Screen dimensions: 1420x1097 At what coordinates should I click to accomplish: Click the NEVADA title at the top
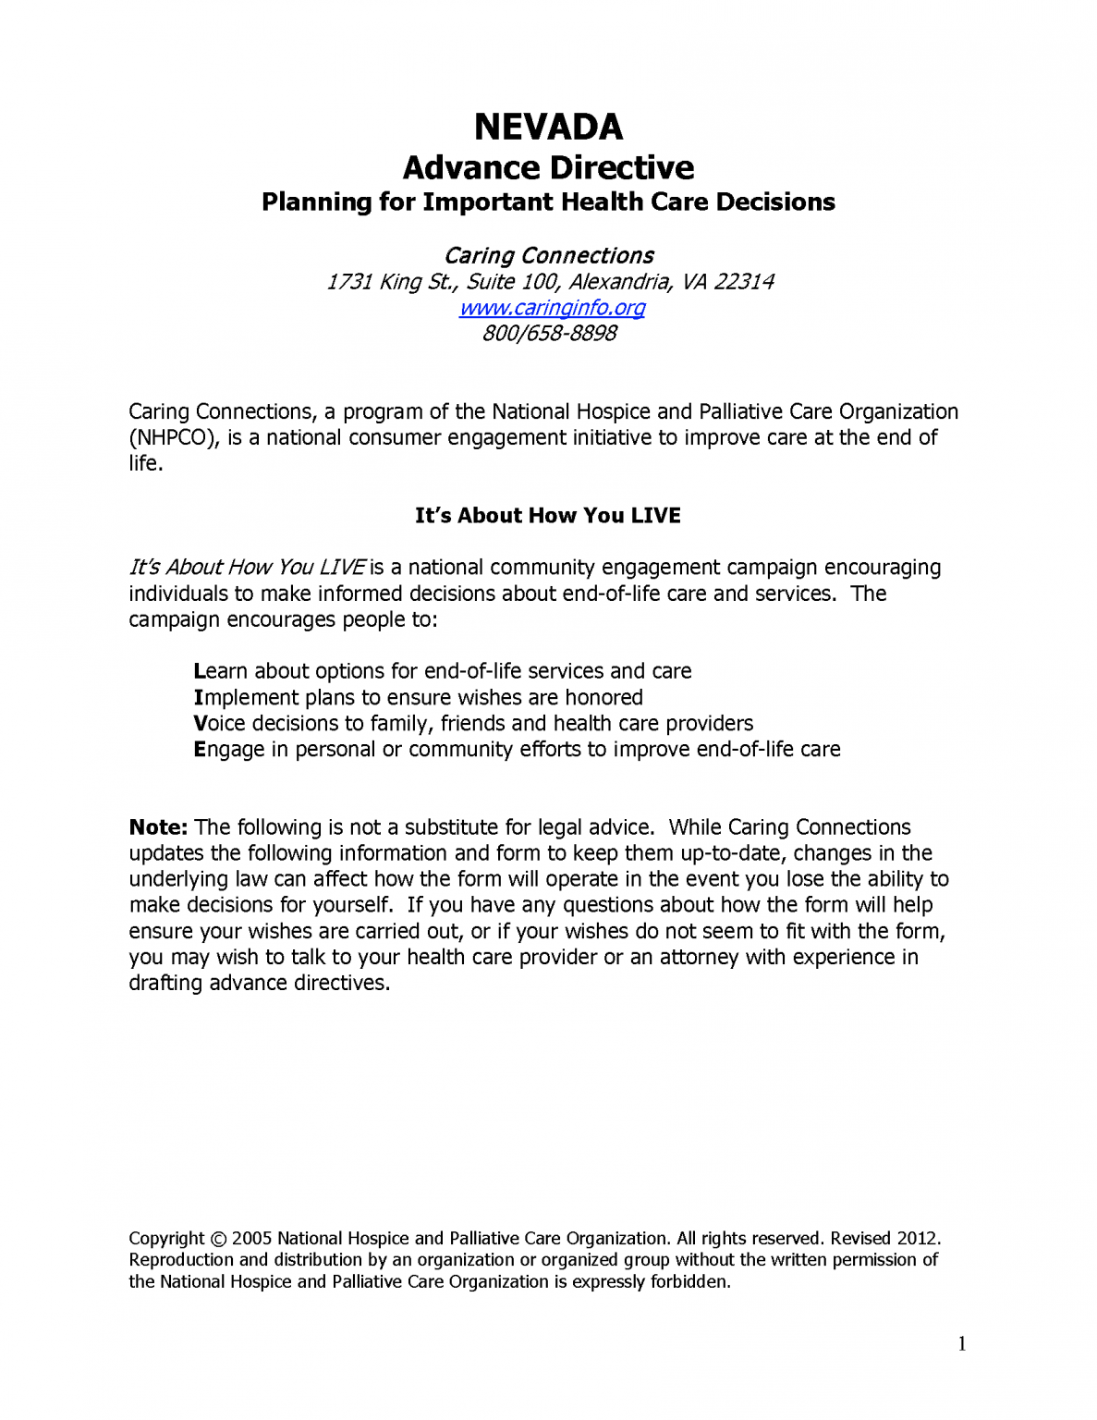(x=548, y=127)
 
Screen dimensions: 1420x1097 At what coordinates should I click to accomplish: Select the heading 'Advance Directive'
(x=548, y=168)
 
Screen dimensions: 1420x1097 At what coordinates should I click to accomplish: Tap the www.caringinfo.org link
(x=552, y=308)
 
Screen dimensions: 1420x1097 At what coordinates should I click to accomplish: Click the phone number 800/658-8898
(x=549, y=334)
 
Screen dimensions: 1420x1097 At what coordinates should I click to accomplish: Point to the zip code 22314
(x=743, y=282)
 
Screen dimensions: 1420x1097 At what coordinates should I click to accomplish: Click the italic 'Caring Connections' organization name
(x=549, y=256)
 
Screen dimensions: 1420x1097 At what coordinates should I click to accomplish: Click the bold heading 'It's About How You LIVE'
(x=548, y=516)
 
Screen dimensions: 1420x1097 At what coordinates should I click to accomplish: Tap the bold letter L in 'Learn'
(x=199, y=671)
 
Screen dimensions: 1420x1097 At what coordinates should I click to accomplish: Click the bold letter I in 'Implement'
(x=198, y=698)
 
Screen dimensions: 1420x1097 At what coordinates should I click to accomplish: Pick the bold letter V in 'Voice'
(x=201, y=724)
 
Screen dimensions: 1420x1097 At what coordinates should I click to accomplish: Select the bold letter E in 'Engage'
(x=199, y=750)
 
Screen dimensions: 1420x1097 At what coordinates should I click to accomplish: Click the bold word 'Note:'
(x=158, y=827)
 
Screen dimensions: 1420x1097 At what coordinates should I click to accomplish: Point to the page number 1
(x=962, y=1344)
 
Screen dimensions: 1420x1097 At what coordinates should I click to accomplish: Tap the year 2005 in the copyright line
(x=251, y=1239)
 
